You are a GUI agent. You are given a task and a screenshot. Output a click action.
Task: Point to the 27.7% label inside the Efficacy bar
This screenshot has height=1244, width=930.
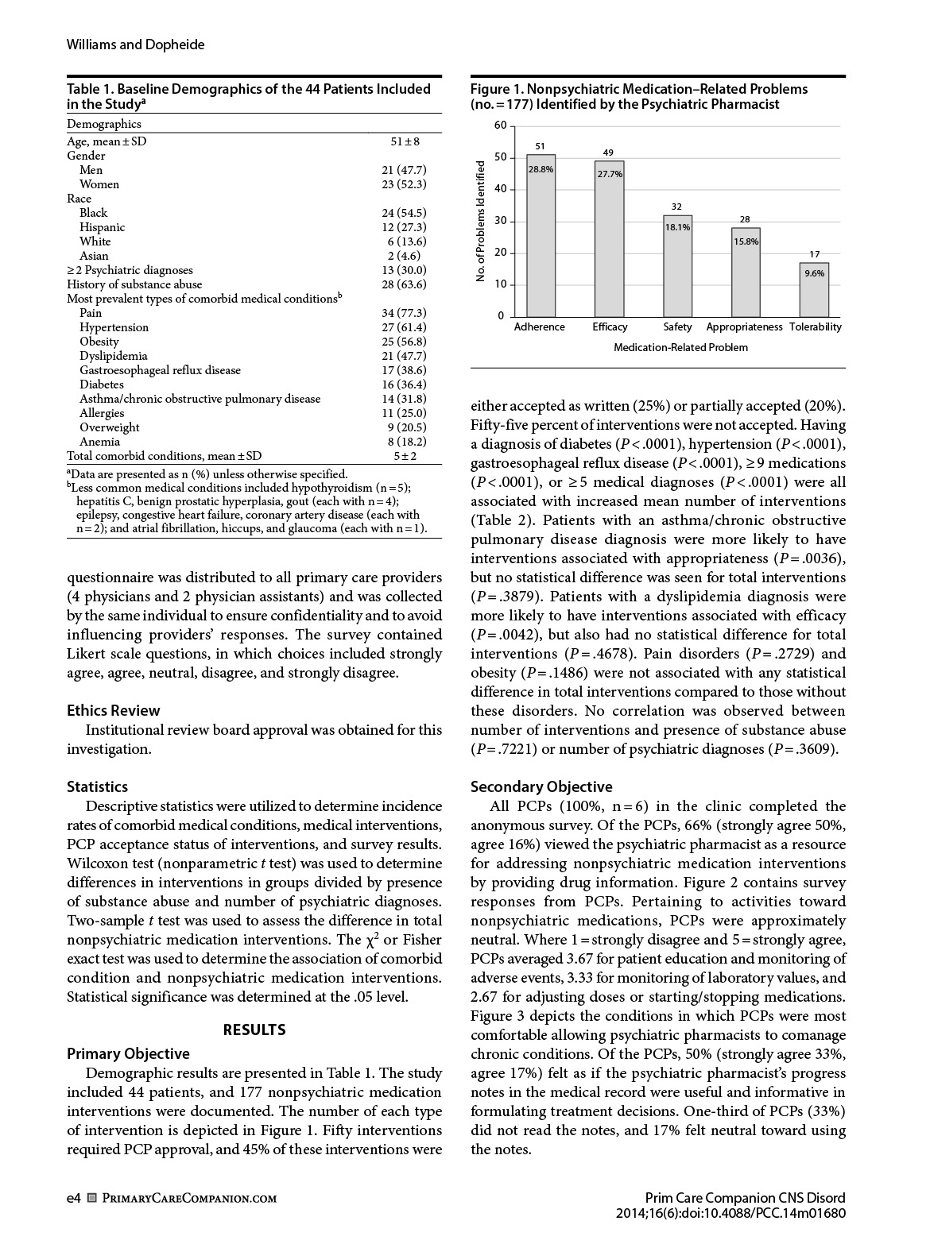pyautogui.click(x=610, y=174)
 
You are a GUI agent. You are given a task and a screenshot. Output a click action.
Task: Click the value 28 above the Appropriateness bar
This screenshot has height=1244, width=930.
pyautogui.click(x=745, y=219)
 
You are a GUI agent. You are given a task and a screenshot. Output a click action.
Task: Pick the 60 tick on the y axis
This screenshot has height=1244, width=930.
pyautogui.click(x=500, y=126)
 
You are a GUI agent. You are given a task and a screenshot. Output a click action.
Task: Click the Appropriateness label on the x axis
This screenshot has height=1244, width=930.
pyautogui.click(x=744, y=327)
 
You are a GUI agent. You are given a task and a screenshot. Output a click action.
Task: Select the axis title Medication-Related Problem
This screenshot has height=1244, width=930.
pyautogui.click(x=680, y=348)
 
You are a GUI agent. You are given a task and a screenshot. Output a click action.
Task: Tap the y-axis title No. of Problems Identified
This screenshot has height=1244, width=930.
pyautogui.click(x=481, y=221)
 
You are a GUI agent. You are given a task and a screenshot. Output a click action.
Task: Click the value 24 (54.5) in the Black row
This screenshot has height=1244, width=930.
pyautogui.click(x=404, y=213)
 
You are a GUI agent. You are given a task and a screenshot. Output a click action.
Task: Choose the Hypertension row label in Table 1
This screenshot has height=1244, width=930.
pyautogui.click(x=114, y=327)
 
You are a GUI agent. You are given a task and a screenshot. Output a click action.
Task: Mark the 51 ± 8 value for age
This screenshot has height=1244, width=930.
pyautogui.click(x=405, y=141)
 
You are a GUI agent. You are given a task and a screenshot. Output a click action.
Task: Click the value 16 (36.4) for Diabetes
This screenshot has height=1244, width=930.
pyautogui.click(x=404, y=384)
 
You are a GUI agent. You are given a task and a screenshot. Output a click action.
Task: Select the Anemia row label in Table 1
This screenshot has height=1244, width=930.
pyautogui.click(x=99, y=442)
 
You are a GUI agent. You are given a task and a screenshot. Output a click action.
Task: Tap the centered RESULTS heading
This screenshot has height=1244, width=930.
pyautogui.click(x=254, y=1030)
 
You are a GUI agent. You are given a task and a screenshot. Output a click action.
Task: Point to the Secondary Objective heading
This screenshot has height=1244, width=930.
pyautogui.click(x=541, y=787)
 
